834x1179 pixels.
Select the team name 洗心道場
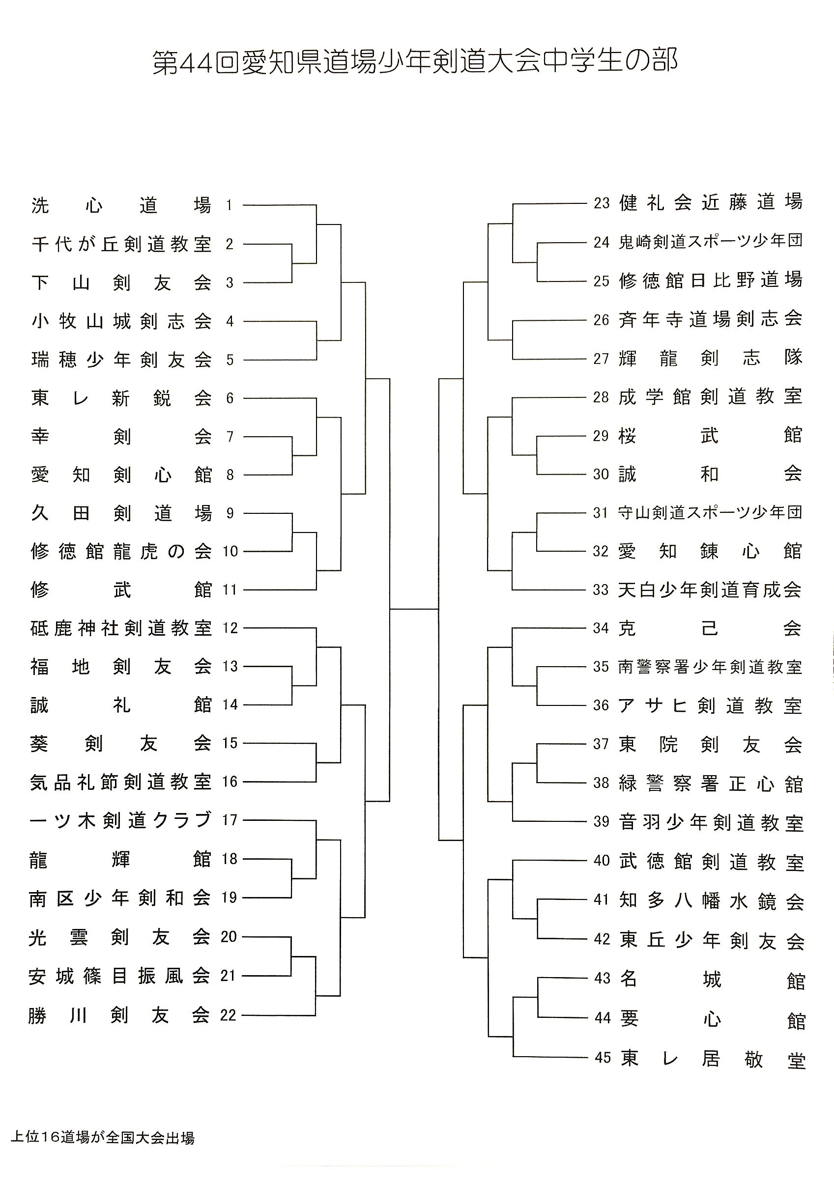[x=121, y=205]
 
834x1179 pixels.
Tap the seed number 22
[x=228, y=1015]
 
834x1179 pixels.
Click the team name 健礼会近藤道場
[x=711, y=202]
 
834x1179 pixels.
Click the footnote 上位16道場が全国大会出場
[x=103, y=1137]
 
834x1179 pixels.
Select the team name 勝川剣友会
[x=119, y=1015]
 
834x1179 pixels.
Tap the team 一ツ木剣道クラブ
[x=120, y=820]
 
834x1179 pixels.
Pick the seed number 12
[x=230, y=628]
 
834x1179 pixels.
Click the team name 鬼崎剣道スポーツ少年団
[x=711, y=241]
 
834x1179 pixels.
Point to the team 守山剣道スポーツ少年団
[x=710, y=512]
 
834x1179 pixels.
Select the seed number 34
[x=601, y=628]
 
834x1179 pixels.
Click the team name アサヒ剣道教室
[x=710, y=706]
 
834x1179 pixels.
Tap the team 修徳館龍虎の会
[x=121, y=552]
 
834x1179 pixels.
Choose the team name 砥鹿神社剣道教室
[x=121, y=628]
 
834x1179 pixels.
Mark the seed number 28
[x=601, y=397]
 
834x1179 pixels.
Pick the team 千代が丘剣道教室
[x=122, y=244]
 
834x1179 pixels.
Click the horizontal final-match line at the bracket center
[x=414, y=609]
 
